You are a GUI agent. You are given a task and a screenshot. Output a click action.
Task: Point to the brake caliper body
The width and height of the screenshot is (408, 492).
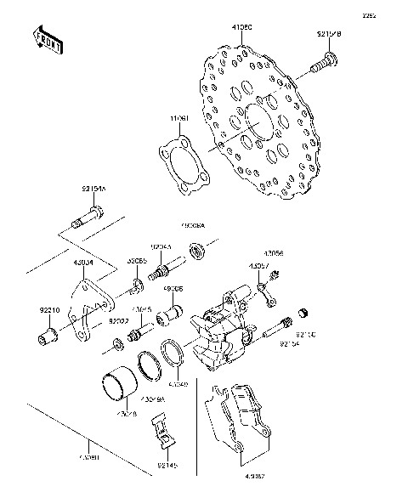click(223, 331)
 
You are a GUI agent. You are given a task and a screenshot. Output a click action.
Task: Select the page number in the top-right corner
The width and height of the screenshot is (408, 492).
click(393, 15)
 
